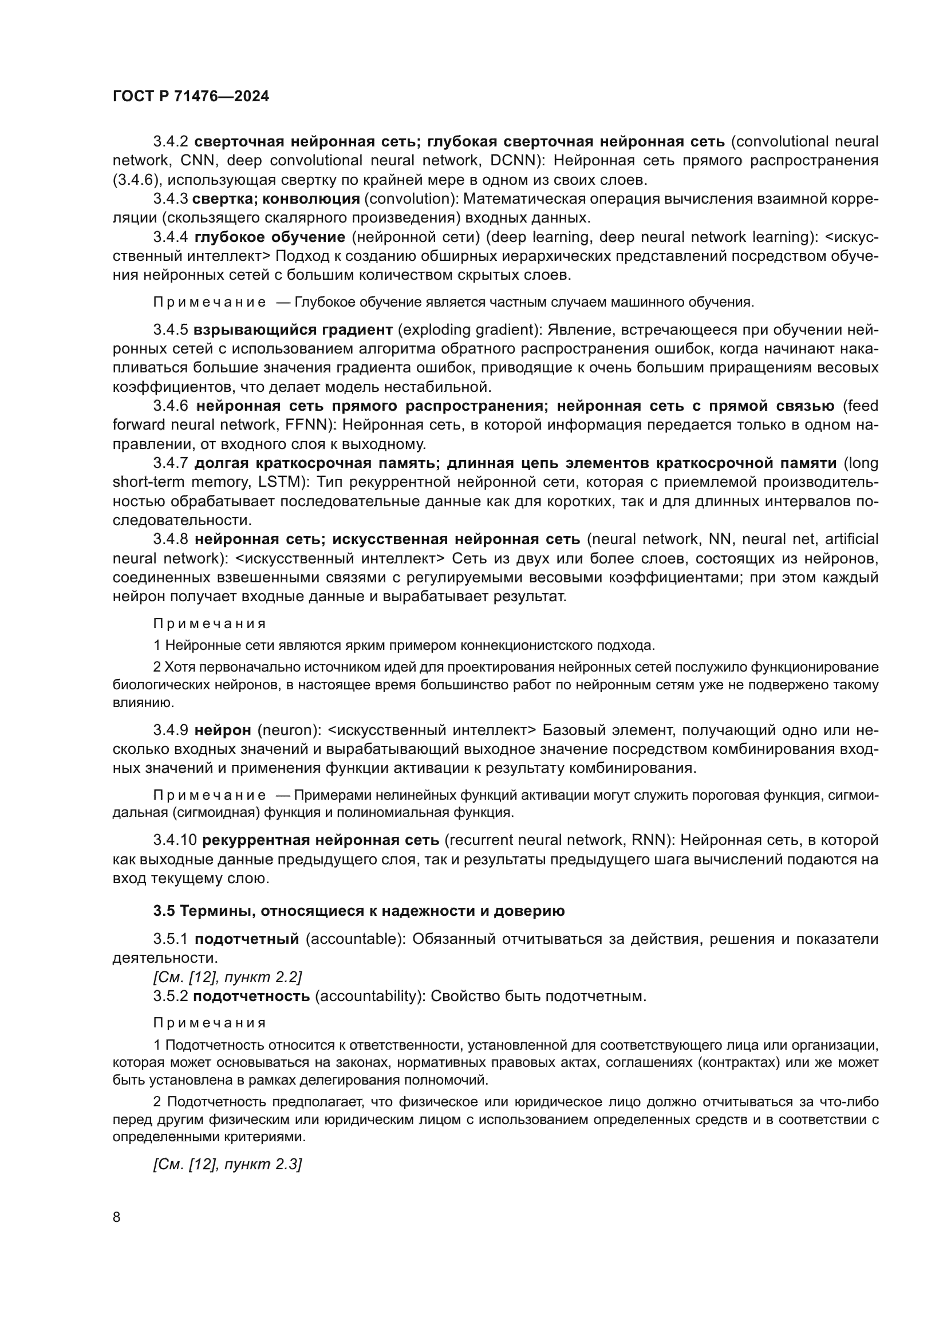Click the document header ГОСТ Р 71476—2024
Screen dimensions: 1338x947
(191, 97)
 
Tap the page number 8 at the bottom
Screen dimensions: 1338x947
(117, 1217)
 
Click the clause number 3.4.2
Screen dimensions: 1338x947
(170, 142)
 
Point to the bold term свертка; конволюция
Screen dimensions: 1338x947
(276, 198)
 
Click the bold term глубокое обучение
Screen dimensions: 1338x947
(270, 237)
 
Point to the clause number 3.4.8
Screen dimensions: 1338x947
(170, 539)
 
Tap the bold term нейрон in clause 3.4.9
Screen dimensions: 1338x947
(223, 730)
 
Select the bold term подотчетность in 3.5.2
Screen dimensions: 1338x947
(251, 996)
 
